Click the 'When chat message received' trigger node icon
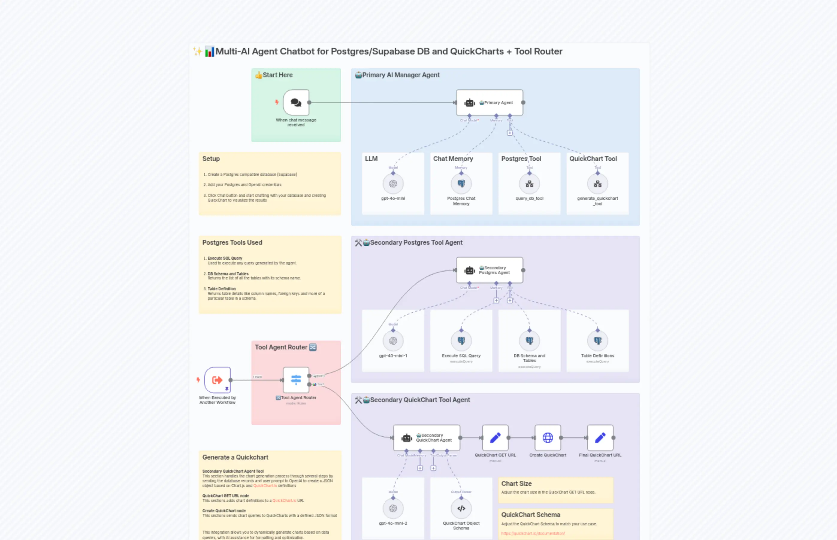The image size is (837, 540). [296, 102]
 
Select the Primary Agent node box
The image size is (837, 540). [489, 102]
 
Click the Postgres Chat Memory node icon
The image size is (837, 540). [461, 184]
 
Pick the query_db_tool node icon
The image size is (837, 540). [529, 184]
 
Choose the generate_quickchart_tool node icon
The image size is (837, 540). [597, 184]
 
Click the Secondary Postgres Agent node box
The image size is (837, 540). [489, 270]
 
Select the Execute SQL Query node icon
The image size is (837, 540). [461, 340]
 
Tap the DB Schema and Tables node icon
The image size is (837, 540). [529, 340]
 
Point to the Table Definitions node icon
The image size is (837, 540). [597, 340]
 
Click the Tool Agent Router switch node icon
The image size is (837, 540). [296, 380]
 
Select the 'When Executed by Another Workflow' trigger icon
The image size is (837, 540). [217, 380]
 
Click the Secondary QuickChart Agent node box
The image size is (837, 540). [426, 438]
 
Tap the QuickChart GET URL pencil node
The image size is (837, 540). [495, 438]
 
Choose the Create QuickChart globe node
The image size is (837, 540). [547, 438]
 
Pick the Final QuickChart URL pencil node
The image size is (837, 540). [600, 438]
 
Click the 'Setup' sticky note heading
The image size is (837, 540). [211, 159]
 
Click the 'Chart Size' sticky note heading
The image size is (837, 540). [516, 483]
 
